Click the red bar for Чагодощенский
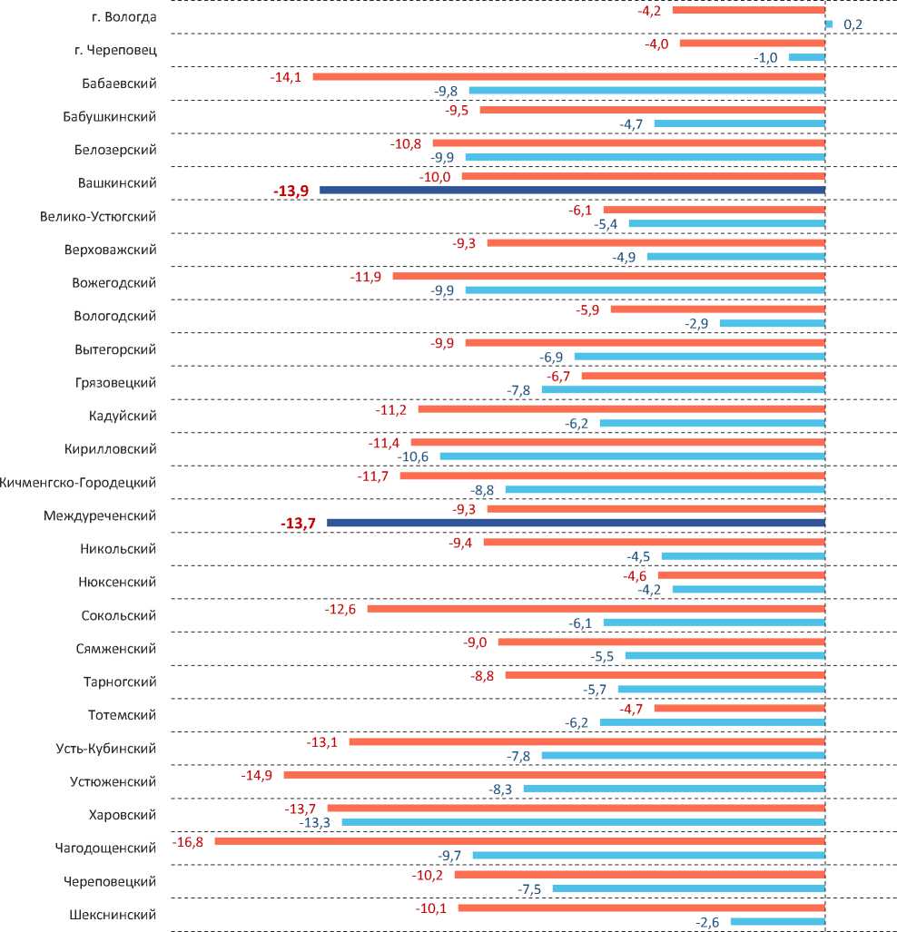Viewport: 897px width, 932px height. point(519,841)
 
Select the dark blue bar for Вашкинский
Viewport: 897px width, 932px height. point(572,190)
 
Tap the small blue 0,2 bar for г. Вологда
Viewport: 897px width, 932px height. point(829,25)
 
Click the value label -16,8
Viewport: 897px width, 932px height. point(189,841)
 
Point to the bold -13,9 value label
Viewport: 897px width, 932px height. point(291,191)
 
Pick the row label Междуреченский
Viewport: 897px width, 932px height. point(100,515)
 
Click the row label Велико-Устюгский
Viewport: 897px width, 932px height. point(98,216)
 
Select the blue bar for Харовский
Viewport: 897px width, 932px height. point(583,822)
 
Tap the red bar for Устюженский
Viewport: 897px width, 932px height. point(554,775)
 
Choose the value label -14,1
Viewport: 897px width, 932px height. point(286,77)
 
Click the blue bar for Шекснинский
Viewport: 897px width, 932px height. point(777,922)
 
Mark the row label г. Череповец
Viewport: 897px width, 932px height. point(116,50)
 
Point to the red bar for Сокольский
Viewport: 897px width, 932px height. point(596,609)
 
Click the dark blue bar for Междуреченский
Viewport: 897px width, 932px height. point(576,523)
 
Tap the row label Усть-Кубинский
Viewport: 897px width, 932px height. point(105,748)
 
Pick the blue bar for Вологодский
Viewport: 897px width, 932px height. point(772,323)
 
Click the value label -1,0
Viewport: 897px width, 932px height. point(765,58)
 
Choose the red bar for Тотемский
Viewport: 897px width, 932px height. point(739,708)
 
